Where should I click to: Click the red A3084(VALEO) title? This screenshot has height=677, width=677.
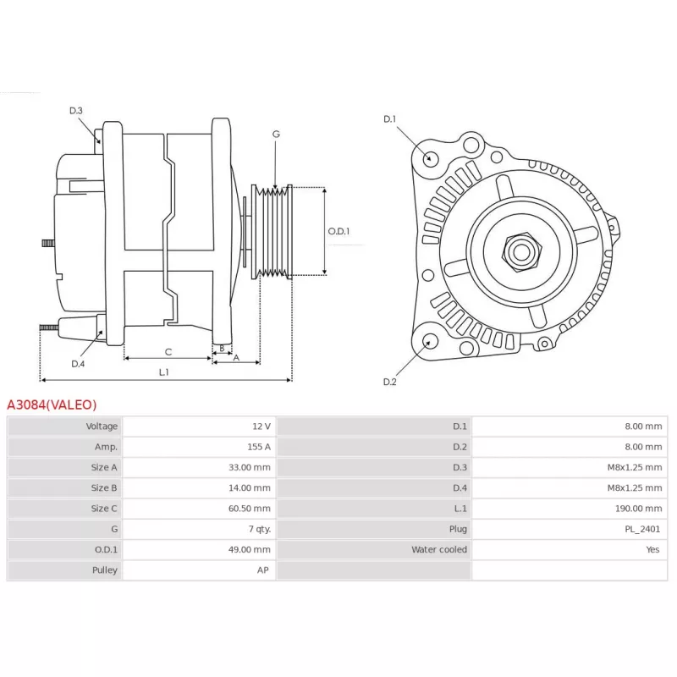(x=52, y=405)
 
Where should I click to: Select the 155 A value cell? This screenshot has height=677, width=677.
(x=259, y=447)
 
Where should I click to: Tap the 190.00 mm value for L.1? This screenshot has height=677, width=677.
(x=638, y=509)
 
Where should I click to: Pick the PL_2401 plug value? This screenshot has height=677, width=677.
(x=642, y=529)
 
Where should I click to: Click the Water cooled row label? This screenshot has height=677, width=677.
(x=439, y=549)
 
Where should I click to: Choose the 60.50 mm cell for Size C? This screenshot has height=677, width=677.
(x=249, y=509)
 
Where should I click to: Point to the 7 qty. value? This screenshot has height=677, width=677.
(x=260, y=530)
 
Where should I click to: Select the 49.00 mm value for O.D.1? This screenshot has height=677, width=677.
(x=249, y=549)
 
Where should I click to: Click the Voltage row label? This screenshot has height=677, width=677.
(x=102, y=427)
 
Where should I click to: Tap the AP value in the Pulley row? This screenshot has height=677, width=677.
(x=263, y=570)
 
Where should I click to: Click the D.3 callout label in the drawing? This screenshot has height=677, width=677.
(x=76, y=111)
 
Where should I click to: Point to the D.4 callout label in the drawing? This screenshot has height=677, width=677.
(x=78, y=364)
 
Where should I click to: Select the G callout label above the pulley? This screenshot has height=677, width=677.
(x=276, y=135)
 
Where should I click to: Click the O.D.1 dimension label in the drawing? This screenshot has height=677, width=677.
(x=338, y=231)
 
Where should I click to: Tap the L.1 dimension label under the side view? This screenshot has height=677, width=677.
(x=163, y=372)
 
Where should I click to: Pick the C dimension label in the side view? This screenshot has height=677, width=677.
(x=168, y=352)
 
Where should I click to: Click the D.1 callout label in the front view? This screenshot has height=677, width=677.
(x=389, y=119)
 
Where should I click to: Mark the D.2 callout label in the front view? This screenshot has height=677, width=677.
(x=389, y=382)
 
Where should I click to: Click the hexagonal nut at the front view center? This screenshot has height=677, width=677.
(x=521, y=252)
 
